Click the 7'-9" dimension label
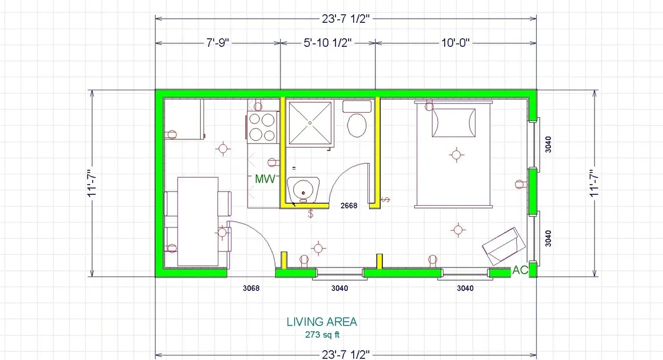pos(218,43)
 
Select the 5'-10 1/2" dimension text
pos(327,43)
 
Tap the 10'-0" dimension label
pos(456,43)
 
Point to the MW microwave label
pos(265,179)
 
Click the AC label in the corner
pos(520,270)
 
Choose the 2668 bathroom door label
pos(349,206)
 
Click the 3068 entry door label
pos(251,288)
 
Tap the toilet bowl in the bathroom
pos(357,125)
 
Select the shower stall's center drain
pos(310,123)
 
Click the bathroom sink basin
pos(303,189)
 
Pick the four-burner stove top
pos(262,127)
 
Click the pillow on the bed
pos(453,123)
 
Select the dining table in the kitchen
pos(198,221)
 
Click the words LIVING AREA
pos(322,322)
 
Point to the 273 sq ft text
pos(322,335)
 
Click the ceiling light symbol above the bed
pos(456,155)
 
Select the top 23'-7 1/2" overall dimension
pos(346,19)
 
